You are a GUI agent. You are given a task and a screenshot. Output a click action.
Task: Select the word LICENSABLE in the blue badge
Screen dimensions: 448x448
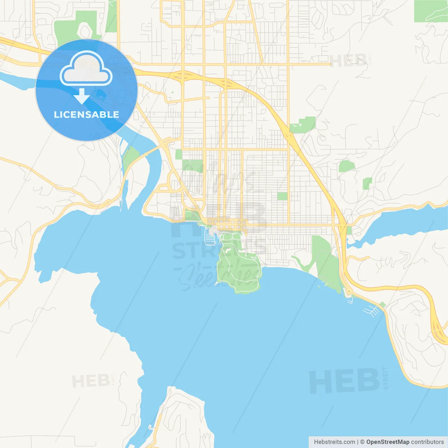[x=86, y=114]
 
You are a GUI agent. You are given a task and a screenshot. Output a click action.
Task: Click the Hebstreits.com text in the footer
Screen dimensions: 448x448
[x=334, y=442]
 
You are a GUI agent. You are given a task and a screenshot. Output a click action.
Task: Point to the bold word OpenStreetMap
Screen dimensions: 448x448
[x=387, y=442]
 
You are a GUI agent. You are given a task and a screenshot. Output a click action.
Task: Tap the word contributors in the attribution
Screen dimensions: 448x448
[x=427, y=442]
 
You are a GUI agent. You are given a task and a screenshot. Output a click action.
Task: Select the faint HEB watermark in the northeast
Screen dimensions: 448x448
[x=349, y=61]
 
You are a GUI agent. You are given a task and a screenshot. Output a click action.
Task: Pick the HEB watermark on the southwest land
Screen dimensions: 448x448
[x=91, y=381]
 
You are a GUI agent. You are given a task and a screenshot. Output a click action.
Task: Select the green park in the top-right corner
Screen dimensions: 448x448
[x=430, y=11]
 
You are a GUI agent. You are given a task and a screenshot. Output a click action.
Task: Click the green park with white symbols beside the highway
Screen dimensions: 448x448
[x=303, y=124]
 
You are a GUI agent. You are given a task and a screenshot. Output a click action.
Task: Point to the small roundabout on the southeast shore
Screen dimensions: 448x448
[x=349, y=292]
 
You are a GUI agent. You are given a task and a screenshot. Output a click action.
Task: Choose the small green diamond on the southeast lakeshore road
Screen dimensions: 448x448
[x=383, y=305]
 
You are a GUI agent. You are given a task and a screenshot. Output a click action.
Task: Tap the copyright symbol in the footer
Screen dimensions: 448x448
[x=362, y=442]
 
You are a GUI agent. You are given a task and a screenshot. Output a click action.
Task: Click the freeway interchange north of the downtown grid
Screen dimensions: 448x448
[x=182, y=75]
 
